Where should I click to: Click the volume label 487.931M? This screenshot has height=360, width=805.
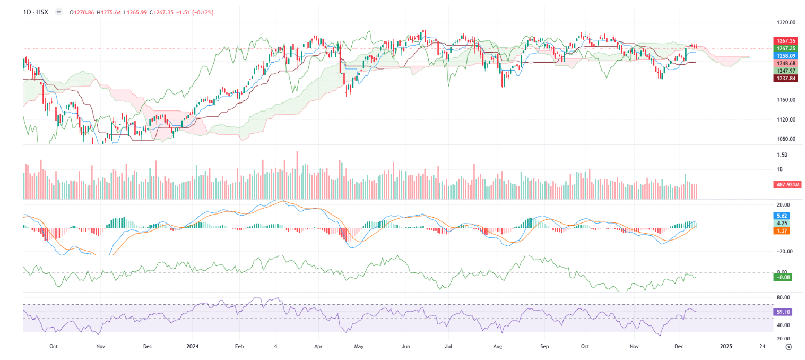pyautogui.click(x=787, y=185)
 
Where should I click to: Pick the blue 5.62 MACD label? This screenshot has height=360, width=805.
pyautogui.click(x=782, y=216)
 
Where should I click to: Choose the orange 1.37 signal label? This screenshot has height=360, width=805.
pyautogui.click(x=782, y=230)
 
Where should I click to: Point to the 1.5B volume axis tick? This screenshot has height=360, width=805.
pyautogui.click(x=782, y=155)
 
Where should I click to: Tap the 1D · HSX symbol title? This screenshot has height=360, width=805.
pyautogui.click(x=36, y=11)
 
